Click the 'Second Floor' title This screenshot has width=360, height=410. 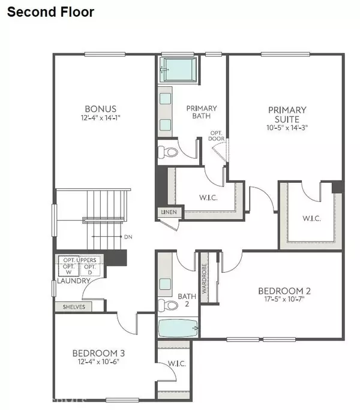51,11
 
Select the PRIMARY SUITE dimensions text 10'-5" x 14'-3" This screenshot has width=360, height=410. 287,128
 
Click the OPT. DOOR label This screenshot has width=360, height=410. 217,135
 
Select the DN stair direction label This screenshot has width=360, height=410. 128,237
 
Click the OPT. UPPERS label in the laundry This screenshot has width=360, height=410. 81,260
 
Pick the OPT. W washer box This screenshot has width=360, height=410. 70,269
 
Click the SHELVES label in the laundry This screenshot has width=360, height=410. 74,307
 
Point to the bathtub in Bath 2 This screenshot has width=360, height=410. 177,328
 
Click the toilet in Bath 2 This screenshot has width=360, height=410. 170,305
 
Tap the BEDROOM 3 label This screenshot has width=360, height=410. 97,352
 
